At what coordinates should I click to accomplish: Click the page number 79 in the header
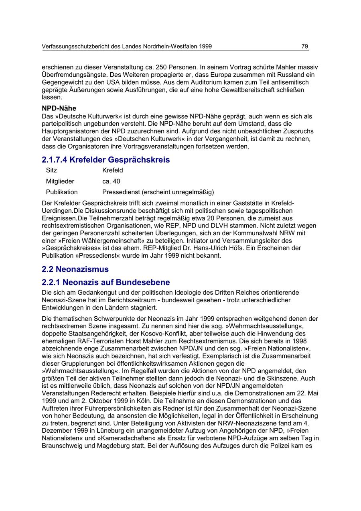click(305, 47)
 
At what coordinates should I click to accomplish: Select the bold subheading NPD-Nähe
click(59, 108)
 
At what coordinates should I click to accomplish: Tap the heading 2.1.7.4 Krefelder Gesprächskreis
click(105, 160)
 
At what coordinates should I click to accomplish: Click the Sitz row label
click(51, 170)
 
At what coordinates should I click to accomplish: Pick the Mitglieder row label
click(60, 181)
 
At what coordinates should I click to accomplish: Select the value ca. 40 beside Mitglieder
click(111, 181)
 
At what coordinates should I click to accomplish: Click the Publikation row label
click(62, 192)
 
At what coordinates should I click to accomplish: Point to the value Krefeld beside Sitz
click(113, 170)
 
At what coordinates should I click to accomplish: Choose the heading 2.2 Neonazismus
click(75, 269)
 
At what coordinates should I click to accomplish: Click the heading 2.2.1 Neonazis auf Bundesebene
click(105, 282)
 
